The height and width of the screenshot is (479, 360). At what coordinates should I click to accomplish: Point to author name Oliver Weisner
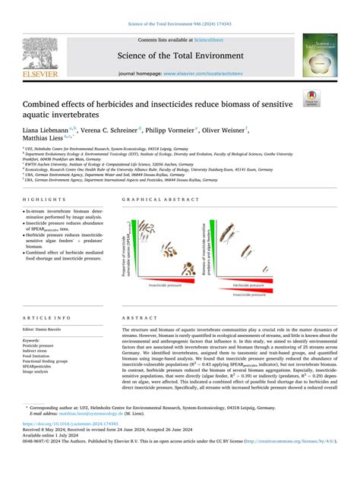point(264,131)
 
